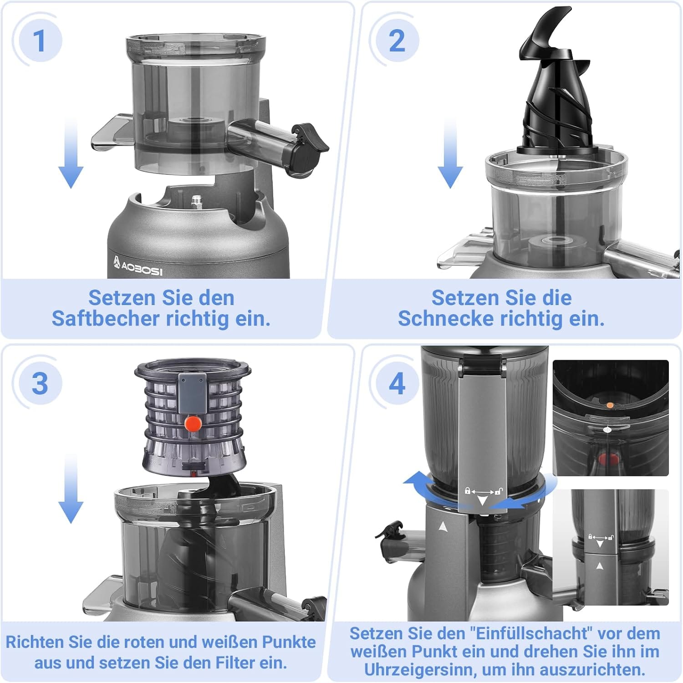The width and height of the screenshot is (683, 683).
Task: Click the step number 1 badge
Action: coord(40,41)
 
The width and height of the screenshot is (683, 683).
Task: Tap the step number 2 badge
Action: coord(397,41)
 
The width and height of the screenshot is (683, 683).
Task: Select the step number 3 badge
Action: coord(40,384)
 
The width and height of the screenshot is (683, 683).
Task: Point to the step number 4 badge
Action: coord(397,384)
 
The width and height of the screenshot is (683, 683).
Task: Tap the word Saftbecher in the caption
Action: coord(105,319)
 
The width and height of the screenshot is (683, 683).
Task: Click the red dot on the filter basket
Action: coord(194,423)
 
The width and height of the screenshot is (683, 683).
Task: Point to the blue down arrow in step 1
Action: coord(71,152)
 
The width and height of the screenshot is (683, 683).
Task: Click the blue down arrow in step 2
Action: coord(450,152)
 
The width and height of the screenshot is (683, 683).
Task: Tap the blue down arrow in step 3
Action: coord(71,488)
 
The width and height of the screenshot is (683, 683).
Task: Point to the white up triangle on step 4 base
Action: coord(443,526)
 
